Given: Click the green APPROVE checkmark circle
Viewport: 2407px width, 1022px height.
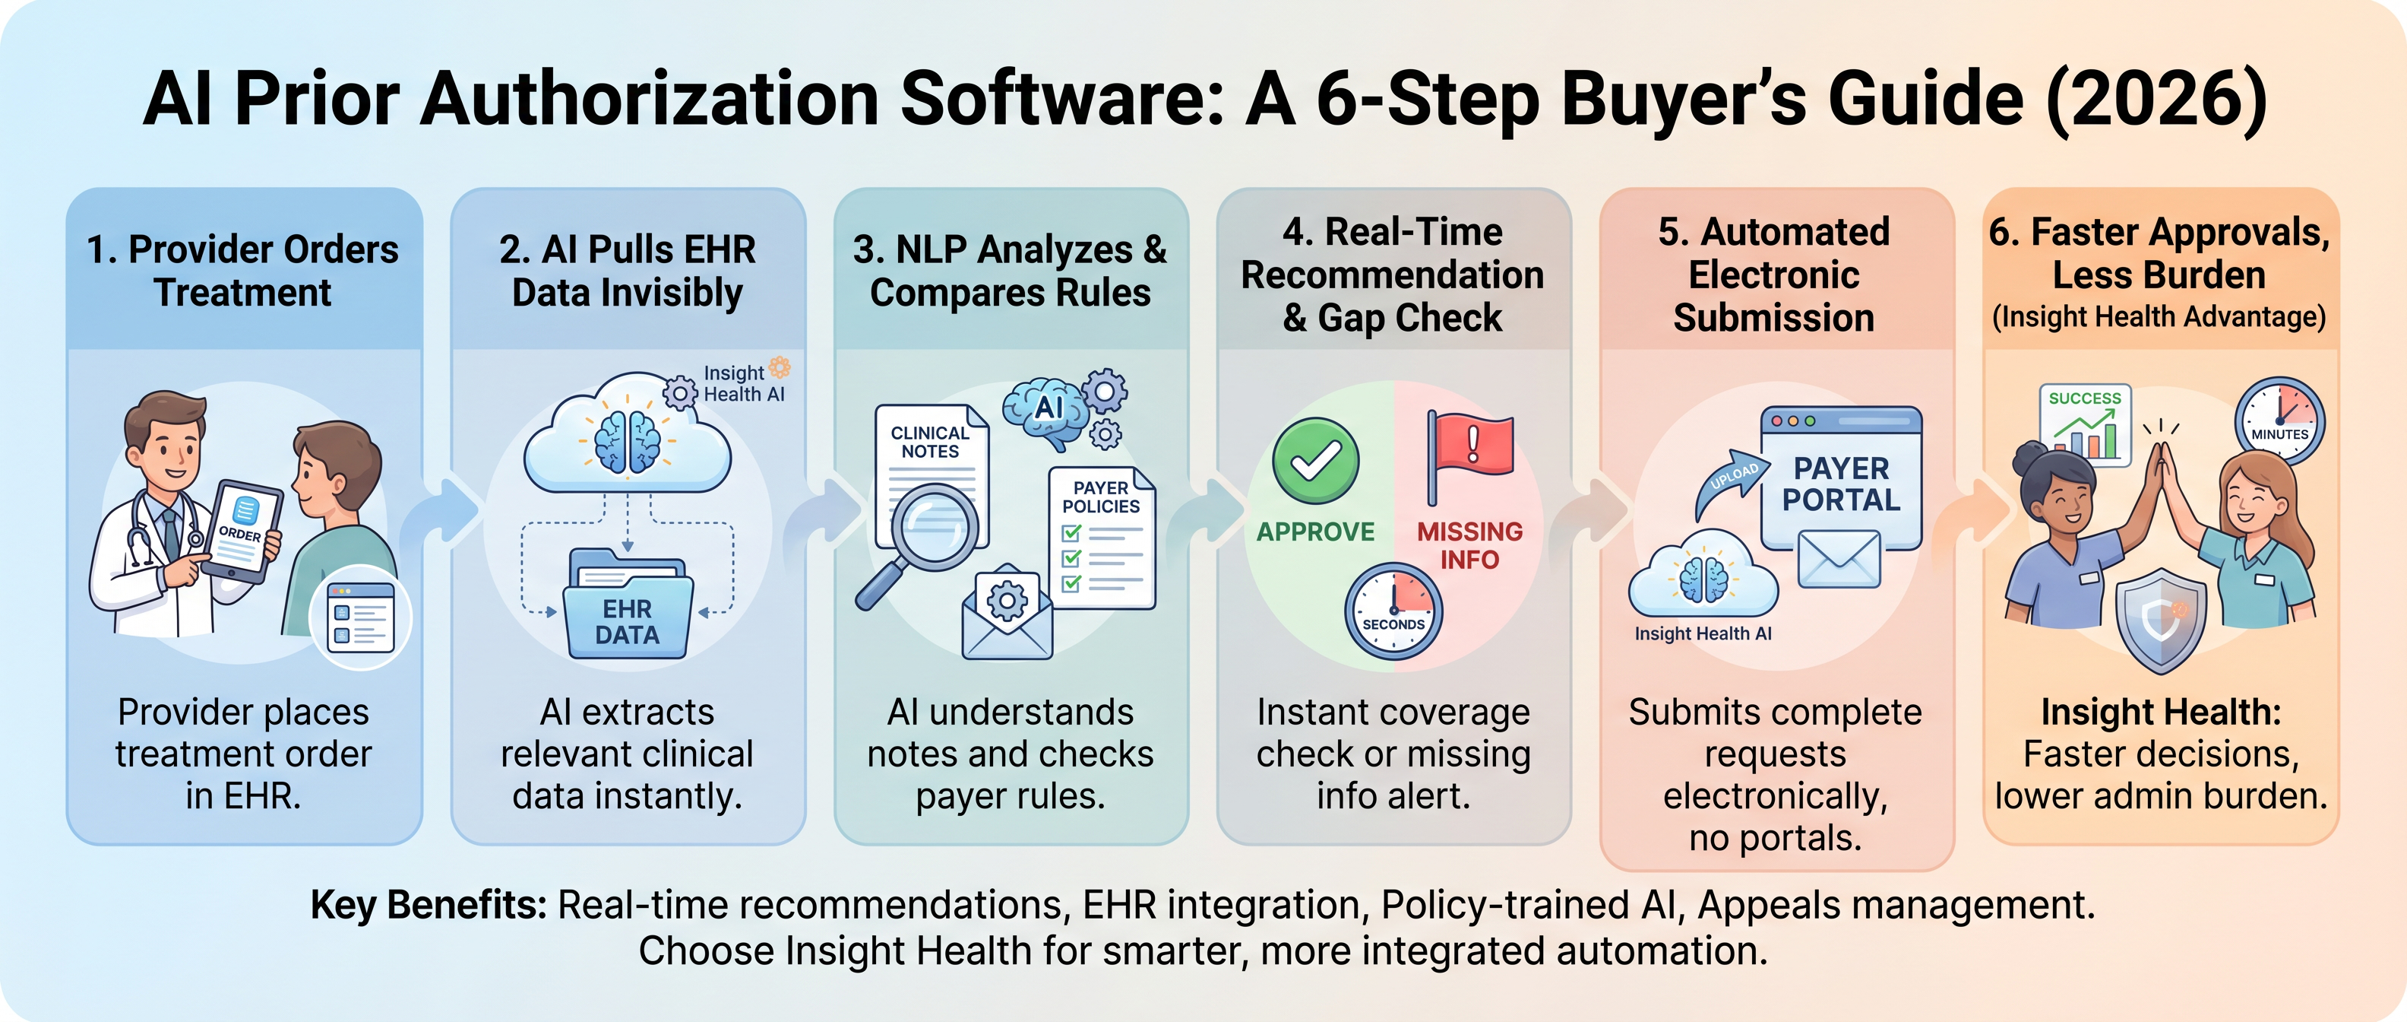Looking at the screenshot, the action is coord(1316,461).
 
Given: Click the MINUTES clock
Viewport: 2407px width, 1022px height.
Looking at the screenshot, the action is coord(2279,421).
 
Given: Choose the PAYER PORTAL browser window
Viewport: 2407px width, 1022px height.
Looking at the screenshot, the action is coord(1841,478).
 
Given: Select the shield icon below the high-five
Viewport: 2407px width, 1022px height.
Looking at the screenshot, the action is coord(2160,620).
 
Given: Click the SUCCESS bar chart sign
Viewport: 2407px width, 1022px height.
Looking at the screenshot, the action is coord(2085,424).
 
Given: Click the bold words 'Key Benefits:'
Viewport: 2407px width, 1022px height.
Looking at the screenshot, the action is coord(429,905).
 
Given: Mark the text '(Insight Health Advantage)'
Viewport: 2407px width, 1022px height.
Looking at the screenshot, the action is coord(2159,317).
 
